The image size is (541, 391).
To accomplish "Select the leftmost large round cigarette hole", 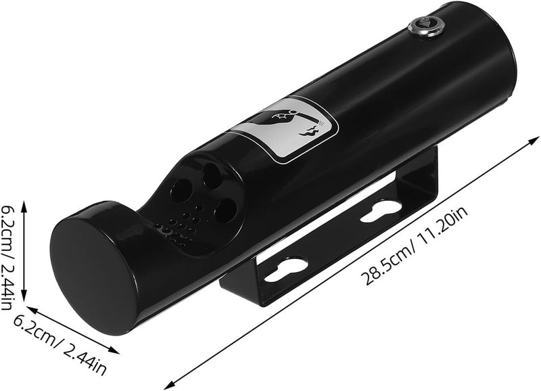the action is coord(181,190).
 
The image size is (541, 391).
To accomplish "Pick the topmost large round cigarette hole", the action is coord(212,176).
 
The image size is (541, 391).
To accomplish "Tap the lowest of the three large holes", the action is coord(226,210).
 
